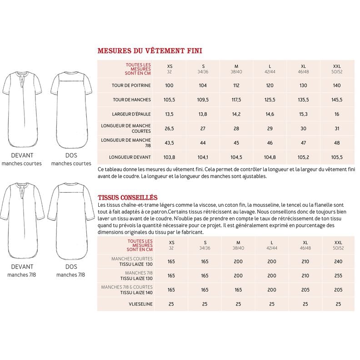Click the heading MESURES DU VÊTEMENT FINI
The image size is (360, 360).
coord(150,51)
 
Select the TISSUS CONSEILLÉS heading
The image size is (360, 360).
coord(128,197)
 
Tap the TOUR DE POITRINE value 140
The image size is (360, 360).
coord(337,85)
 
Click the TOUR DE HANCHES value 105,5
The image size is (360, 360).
coord(170,100)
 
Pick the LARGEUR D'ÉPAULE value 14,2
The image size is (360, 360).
coord(236,114)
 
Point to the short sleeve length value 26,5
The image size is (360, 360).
coord(170,128)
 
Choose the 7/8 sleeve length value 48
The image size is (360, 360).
coord(337,143)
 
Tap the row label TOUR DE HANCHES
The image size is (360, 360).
coord(132,100)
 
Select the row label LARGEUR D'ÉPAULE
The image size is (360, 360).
coord(131,114)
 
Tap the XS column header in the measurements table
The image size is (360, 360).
coord(170,66)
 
